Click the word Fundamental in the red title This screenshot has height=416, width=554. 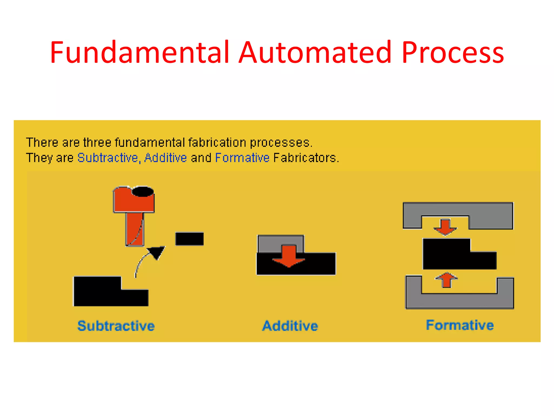click(x=140, y=53)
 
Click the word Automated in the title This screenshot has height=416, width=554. click(x=315, y=53)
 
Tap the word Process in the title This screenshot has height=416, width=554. click(x=452, y=53)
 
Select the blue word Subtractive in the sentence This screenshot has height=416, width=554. click(x=108, y=158)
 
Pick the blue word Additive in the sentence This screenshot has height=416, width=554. click(x=166, y=158)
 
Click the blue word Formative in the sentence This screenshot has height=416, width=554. click(x=242, y=158)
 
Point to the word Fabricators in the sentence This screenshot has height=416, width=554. click(x=306, y=158)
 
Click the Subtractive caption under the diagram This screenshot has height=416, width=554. click(x=116, y=326)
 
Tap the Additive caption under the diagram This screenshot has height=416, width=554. click(x=290, y=326)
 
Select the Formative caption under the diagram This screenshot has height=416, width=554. click(x=460, y=325)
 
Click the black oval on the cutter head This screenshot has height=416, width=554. click(x=143, y=191)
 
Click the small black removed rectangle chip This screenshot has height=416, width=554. click(x=189, y=239)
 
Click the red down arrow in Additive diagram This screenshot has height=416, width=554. click(x=289, y=256)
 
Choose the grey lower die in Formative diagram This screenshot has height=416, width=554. click(x=459, y=301)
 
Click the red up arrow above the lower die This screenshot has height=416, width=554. click(x=446, y=280)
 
